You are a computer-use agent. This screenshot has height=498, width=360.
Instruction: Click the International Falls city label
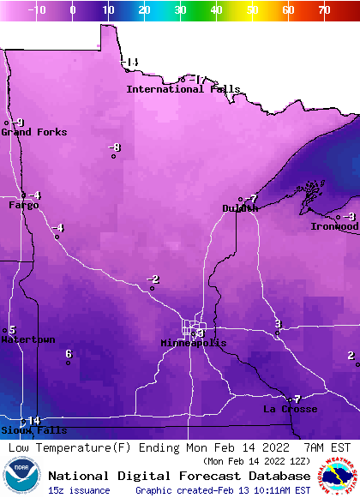(183, 89)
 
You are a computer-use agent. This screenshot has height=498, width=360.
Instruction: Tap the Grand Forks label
(28, 132)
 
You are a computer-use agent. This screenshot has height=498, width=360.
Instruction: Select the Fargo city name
(24, 206)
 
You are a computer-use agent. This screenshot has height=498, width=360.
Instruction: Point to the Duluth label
(240, 208)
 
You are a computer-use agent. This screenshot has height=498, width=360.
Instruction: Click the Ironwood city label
(334, 227)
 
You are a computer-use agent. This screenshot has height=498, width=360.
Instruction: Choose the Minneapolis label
(194, 343)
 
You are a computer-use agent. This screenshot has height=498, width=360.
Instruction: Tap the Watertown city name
(27, 339)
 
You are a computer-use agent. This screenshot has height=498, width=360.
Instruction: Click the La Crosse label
(290, 410)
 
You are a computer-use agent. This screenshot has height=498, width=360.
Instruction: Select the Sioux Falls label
(21, 430)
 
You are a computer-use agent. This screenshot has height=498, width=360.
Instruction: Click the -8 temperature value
(115, 147)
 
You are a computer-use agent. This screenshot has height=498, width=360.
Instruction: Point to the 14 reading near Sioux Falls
(34, 420)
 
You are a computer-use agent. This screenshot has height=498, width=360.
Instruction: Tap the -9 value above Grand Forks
(18, 123)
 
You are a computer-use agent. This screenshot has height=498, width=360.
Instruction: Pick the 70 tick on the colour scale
(324, 10)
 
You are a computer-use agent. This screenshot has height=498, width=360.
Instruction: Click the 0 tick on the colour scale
(72, 10)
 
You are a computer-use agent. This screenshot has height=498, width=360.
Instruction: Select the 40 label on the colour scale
(216, 10)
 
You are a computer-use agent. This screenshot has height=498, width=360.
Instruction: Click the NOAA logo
(21, 477)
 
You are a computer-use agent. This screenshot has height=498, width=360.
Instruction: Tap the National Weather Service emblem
(339, 477)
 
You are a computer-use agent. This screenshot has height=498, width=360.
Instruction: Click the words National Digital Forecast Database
(179, 476)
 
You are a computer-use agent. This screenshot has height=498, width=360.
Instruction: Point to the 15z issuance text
(80, 490)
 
